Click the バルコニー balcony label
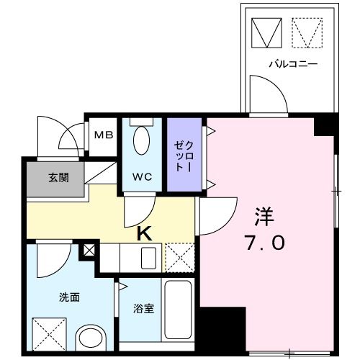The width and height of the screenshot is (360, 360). click(x=293, y=64)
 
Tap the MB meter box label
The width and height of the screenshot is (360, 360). click(x=103, y=134)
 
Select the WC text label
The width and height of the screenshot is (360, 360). click(x=141, y=175)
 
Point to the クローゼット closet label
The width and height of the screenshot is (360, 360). click(x=180, y=155)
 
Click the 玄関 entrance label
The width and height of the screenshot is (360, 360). click(x=58, y=177)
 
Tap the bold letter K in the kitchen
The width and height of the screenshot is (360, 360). click(x=145, y=233)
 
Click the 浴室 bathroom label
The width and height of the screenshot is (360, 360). click(x=143, y=309)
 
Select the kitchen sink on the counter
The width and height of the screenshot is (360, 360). click(x=150, y=257)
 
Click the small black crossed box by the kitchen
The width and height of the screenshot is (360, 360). click(x=89, y=251)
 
